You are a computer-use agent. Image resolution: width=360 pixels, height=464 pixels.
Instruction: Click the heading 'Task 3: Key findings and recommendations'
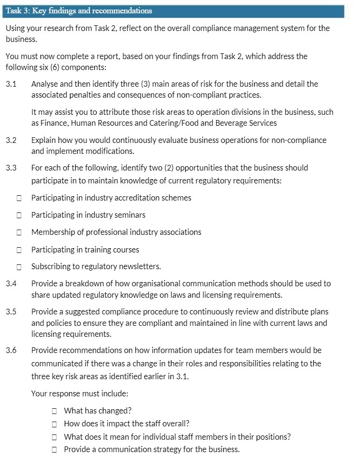tap(79, 11)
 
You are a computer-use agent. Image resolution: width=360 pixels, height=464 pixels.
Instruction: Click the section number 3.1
tap(11, 84)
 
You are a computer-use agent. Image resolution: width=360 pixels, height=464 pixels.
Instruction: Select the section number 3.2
tap(11, 141)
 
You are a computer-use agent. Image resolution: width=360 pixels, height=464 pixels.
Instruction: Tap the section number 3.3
tap(11, 168)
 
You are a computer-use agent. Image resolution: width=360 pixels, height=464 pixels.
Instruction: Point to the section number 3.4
tap(11, 283)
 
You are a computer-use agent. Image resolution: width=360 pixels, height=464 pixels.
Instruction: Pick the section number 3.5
tap(11, 312)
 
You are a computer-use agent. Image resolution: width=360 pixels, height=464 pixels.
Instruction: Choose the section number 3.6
tap(11, 350)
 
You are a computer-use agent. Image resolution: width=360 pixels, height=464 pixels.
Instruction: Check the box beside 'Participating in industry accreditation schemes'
tap(19, 198)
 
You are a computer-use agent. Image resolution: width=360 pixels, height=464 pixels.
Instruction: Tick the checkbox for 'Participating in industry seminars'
tap(19, 215)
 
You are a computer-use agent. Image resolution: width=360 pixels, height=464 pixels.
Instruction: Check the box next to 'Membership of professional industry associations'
tap(19, 232)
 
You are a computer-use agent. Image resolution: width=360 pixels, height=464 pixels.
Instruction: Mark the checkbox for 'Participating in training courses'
tap(19, 250)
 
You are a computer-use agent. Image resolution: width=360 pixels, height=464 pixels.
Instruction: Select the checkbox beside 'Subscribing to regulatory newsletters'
tap(19, 267)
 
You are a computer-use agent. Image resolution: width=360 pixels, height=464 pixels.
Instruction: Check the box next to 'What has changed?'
tap(55, 411)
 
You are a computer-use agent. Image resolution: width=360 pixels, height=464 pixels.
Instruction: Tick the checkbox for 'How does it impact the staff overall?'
tap(55, 424)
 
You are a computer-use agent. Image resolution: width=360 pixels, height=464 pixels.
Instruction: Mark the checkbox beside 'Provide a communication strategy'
tap(55, 449)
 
